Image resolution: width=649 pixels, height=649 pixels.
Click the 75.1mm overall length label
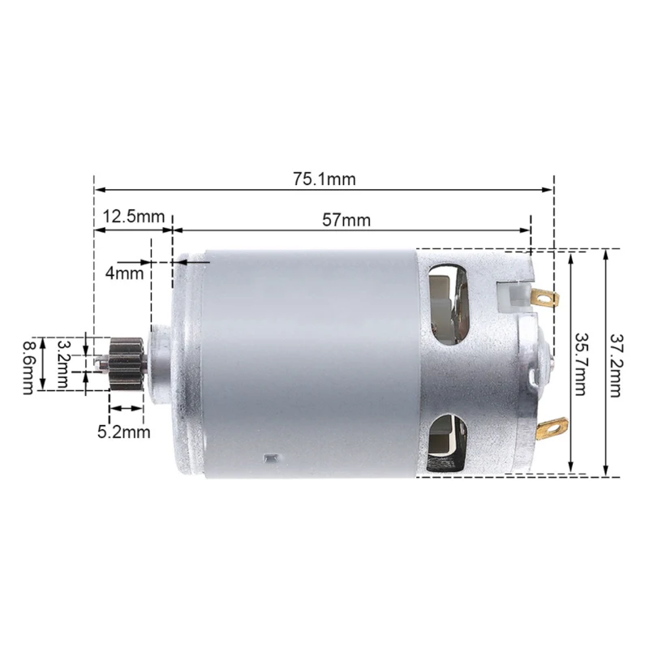pos(324,179)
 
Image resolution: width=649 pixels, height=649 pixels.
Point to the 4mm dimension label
pos(124,273)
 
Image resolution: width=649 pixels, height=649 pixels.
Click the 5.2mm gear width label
pos(124,432)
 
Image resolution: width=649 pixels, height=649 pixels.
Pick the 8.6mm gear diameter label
pos(28,364)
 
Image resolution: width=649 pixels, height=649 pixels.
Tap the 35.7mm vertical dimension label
pos(582,363)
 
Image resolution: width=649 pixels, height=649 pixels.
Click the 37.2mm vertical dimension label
pos(615,363)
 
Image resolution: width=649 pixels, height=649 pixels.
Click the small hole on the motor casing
pos(267,459)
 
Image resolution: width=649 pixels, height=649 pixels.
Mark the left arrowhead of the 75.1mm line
pos(98,190)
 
